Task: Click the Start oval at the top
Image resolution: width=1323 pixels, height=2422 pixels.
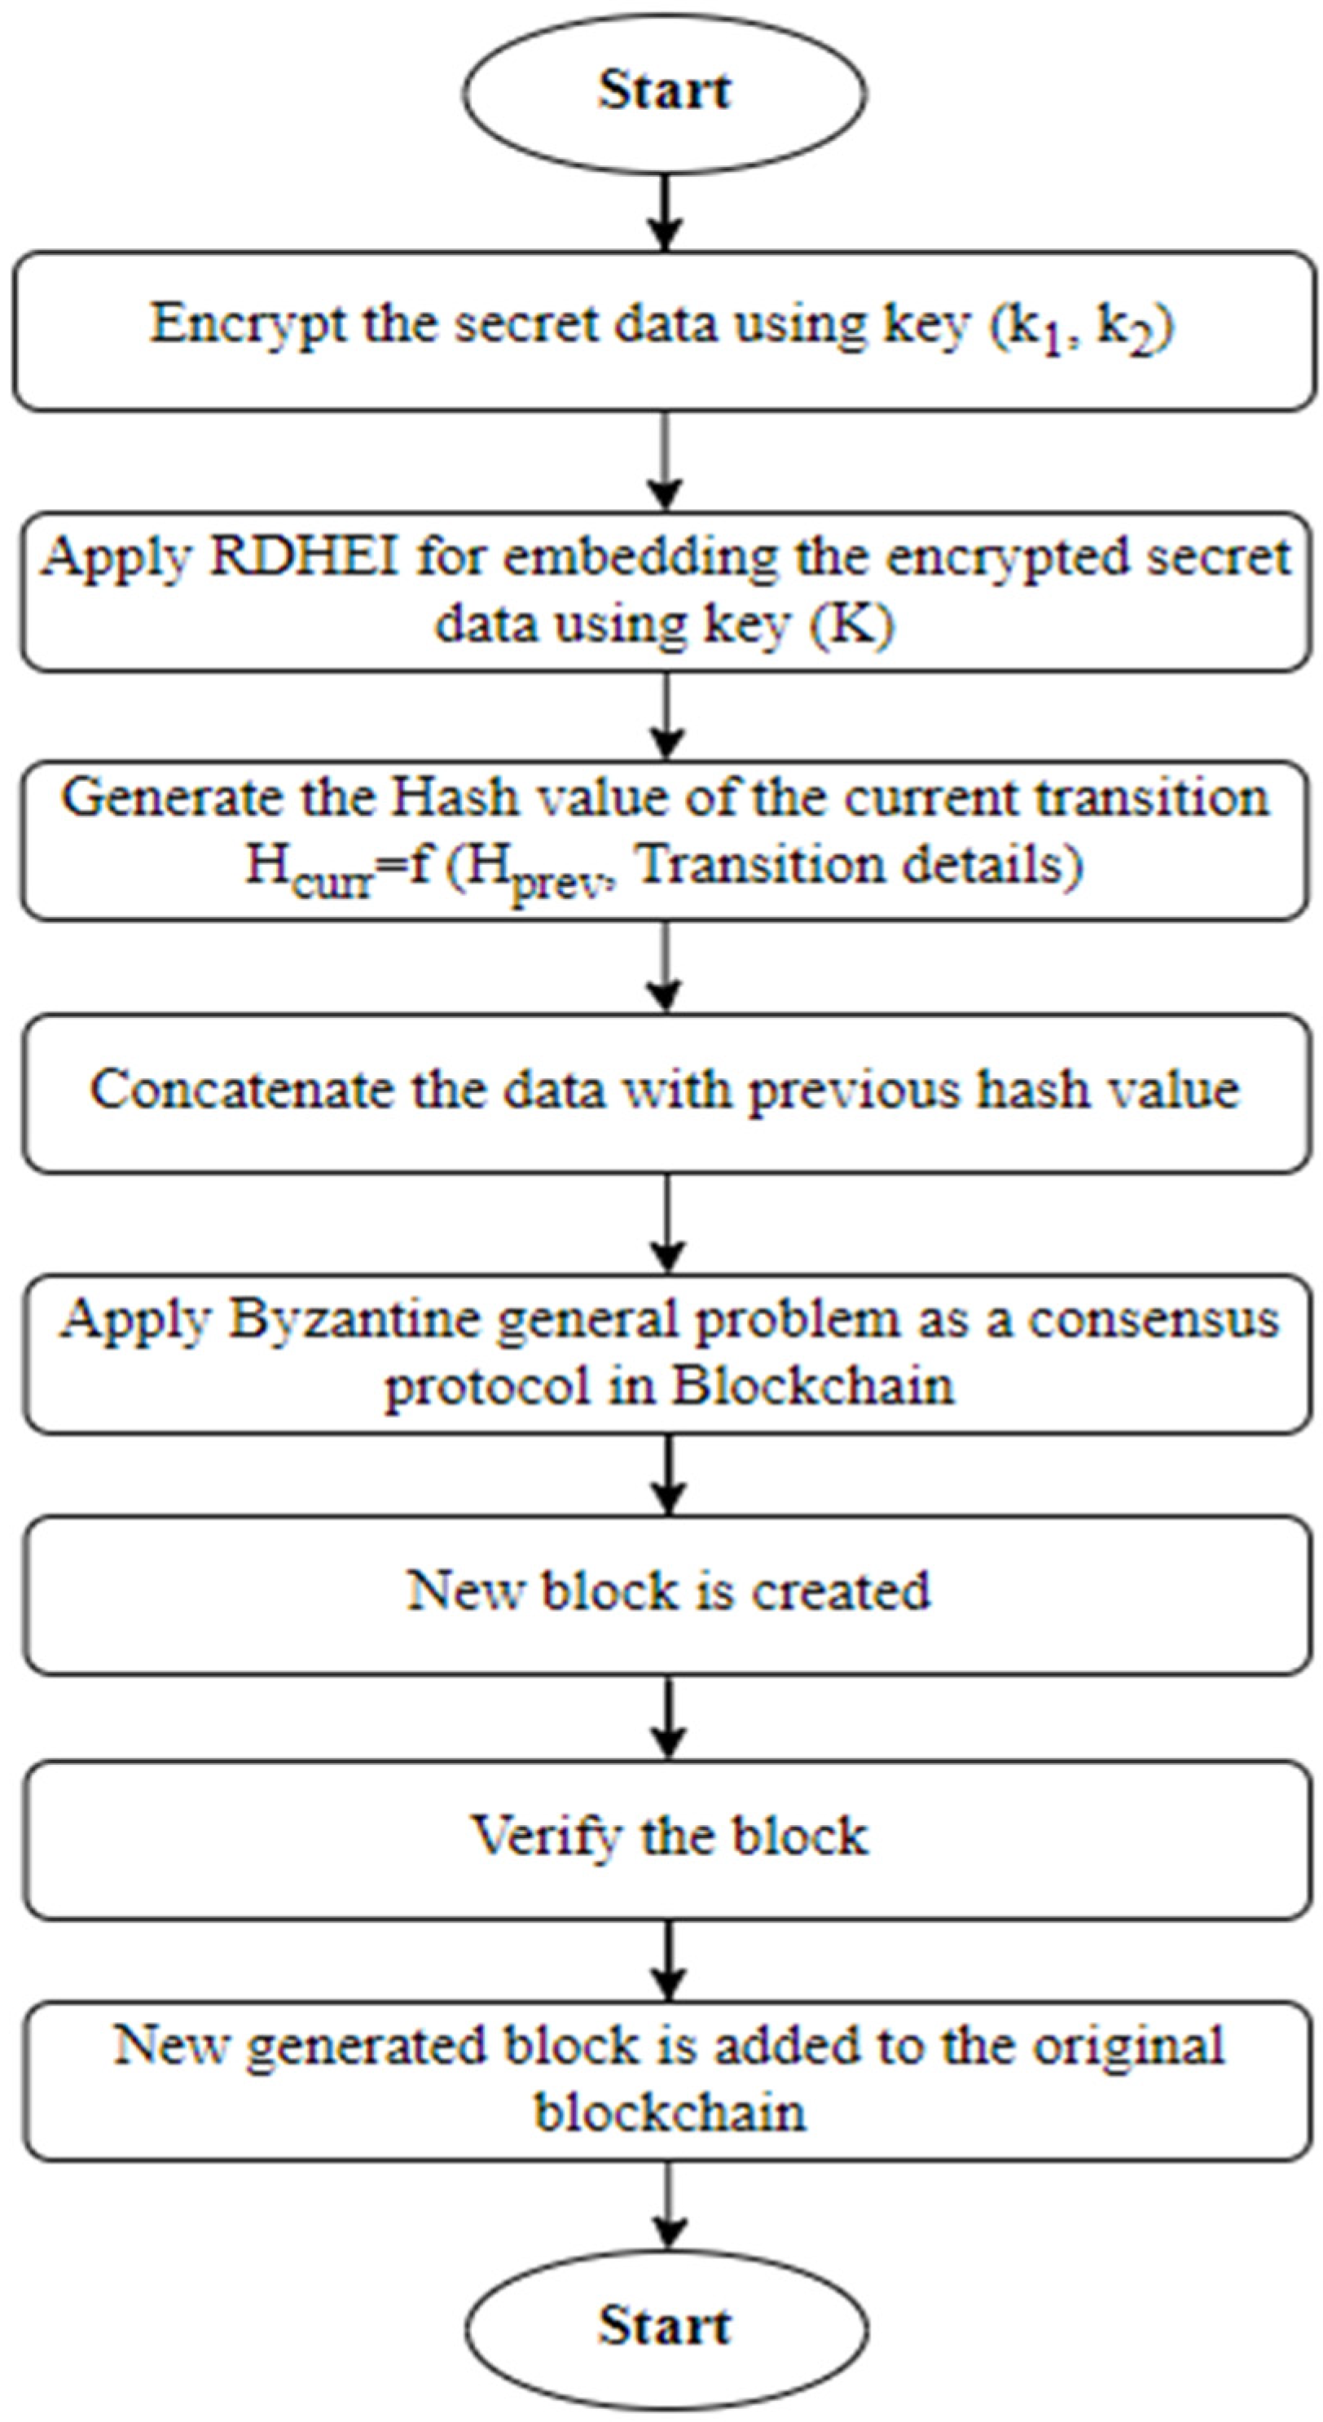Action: pos(665,92)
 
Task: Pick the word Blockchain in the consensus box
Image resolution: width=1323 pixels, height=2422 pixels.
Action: pos(812,1386)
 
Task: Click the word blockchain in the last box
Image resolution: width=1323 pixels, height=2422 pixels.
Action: pos(670,2113)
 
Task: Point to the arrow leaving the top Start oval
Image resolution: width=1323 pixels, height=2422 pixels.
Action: pos(666,213)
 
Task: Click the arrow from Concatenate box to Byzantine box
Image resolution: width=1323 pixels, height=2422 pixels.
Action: pos(666,1222)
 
